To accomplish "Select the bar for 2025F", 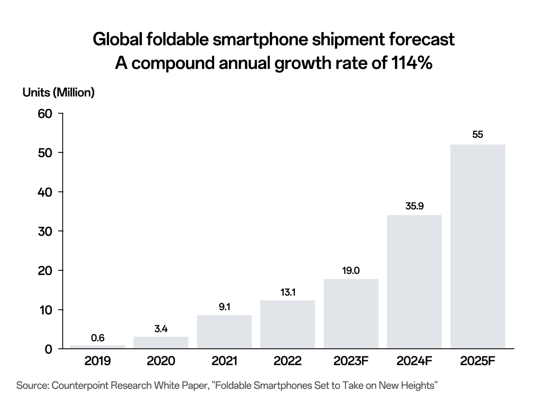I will [477, 247].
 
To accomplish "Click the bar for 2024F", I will [414, 282].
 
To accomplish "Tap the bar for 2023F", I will [351, 314].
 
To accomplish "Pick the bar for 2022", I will [287, 324].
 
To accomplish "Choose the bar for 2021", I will [224, 332].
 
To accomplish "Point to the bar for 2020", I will [161, 342].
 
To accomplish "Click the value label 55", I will [477, 135].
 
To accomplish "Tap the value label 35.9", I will [414, 206].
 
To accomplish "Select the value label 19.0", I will [351, 271].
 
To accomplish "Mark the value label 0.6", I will [98, 338].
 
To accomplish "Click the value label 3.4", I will [161, 329].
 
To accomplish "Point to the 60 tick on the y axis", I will [45, 114].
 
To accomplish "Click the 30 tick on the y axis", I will [45, 232].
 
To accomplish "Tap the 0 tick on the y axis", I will [49, 349].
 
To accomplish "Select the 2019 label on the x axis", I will [98, 361].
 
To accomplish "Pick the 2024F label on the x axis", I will [414, 361].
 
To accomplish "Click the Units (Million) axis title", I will [59, 92].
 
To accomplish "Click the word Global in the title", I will [117, 40].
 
